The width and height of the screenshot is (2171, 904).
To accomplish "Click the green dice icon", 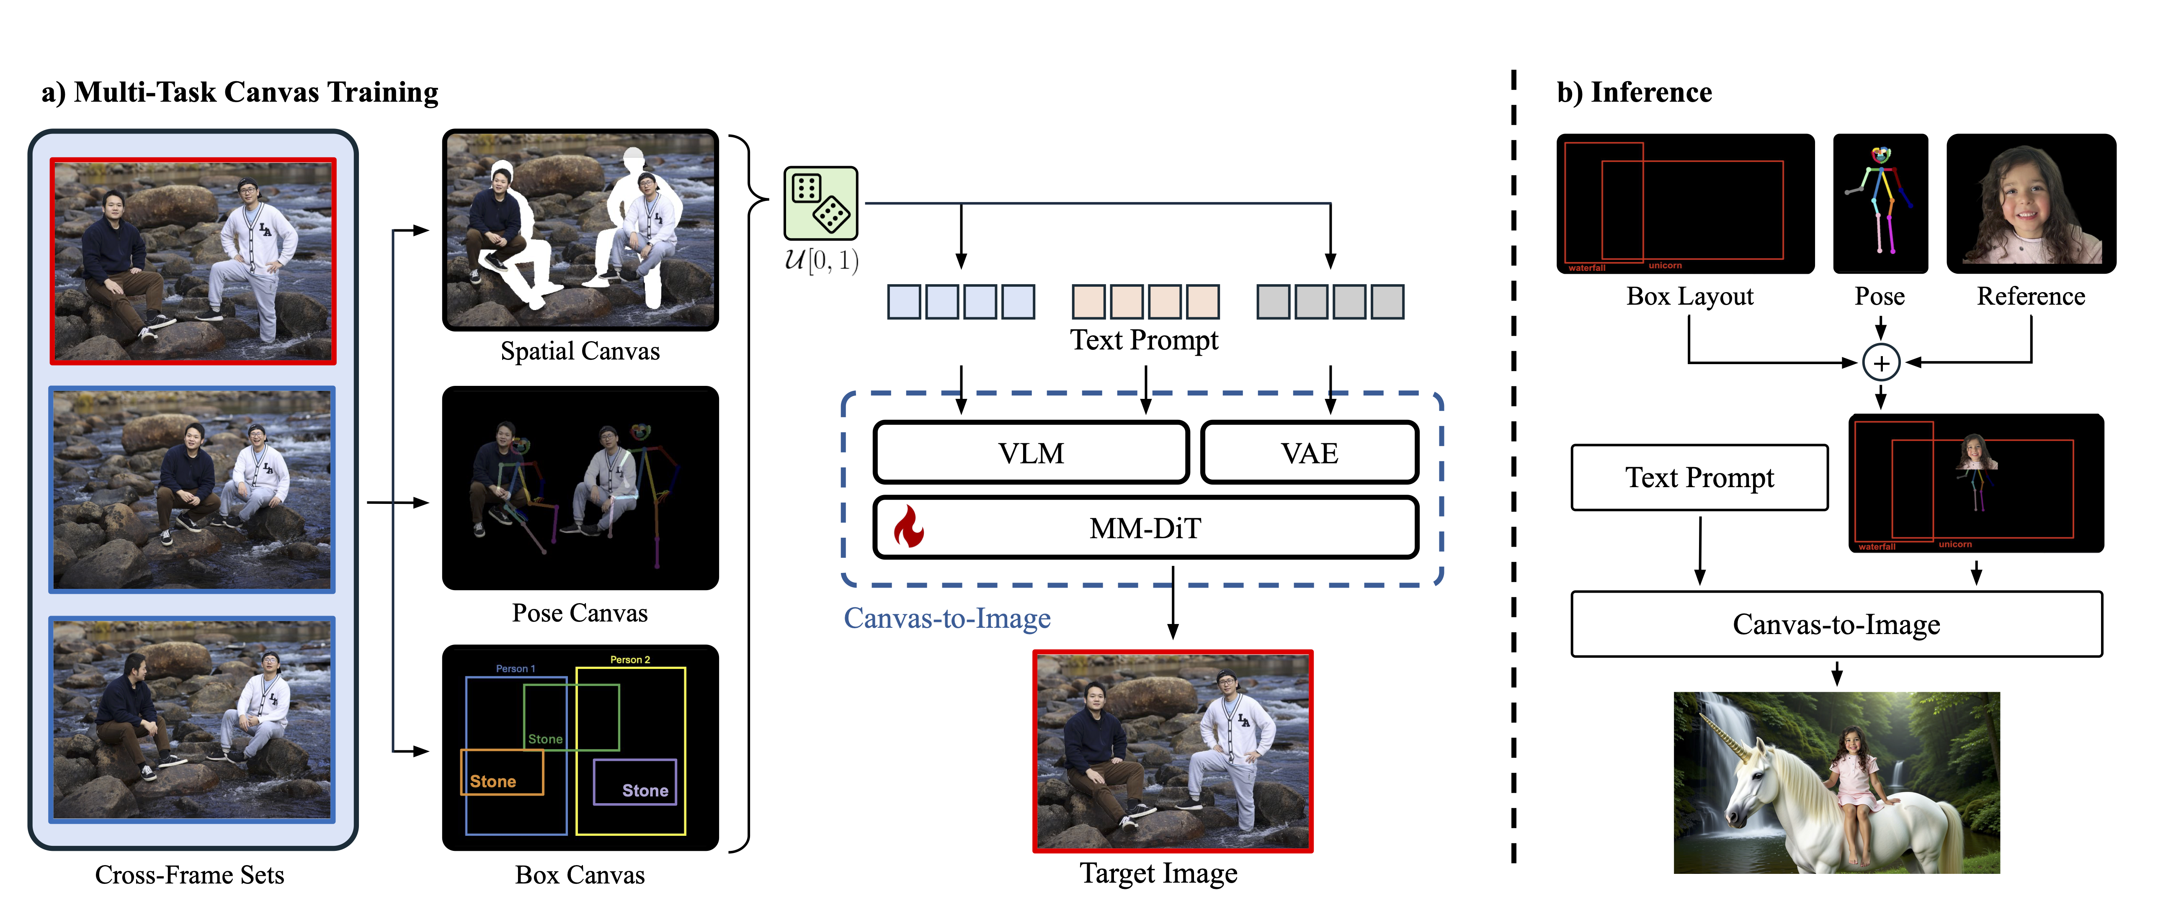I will click(x=820, y=203).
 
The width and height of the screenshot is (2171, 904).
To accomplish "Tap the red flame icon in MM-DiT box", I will click(x=908, y=527).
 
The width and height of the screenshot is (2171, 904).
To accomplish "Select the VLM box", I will click(x=1031, y=453).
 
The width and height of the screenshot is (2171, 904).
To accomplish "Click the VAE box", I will click(x=1309, y=453).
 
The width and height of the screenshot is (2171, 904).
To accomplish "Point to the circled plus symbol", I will click(x=1880, y=363).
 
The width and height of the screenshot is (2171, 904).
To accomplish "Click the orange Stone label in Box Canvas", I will click(x=493, y=781).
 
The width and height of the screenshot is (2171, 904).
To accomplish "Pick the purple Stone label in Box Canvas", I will click(x=645, y=790).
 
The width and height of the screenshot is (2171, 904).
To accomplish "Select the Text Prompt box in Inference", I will click(x=1699, y=478).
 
